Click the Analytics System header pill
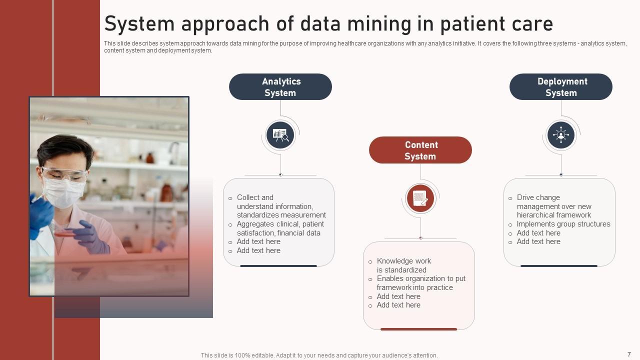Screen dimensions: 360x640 click(x=280, y=87)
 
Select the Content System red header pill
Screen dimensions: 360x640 click(x=420, y=150)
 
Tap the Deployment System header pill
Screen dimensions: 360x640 click(x=561, y=87)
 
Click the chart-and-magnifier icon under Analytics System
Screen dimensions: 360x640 click(x=280, y=135)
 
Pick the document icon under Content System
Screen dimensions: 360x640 click(x=420, y=198)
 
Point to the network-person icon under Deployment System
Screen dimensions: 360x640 click(x=561, y=135)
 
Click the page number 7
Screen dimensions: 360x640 click(x=629, y=354)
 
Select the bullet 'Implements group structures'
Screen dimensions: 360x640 click(x=563, y=224)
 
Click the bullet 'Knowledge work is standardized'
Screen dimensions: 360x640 click(x=404, y=265)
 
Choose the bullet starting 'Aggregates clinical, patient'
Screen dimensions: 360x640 click(x=280, y=228)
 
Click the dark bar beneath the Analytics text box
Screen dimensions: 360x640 click(x=278, y=266)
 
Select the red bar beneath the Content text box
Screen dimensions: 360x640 click(x=418, y=329)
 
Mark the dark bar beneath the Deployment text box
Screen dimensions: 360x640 click(x=559, y=266)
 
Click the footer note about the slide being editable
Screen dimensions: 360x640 click(x=319, y=355)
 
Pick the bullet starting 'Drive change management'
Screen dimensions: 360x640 click(x=554, y=206)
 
